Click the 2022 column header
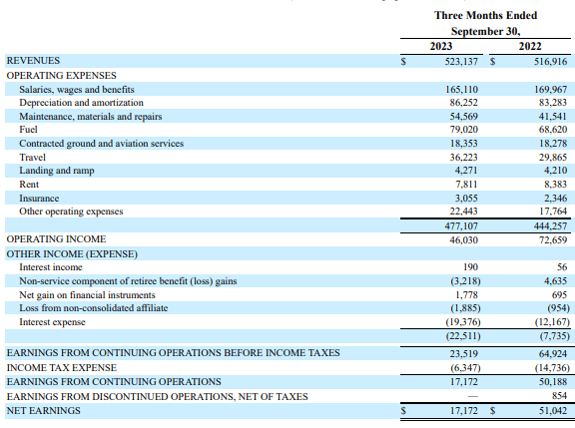[531, 46]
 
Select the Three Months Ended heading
[485, 15]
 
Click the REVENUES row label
[33, 61]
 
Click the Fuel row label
[29, 130]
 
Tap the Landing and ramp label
[53, 171]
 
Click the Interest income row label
[52, 267]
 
